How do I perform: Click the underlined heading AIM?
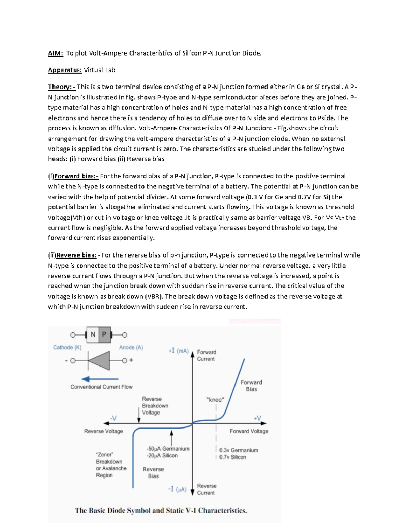tap(56, 53)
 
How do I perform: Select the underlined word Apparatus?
tap(65, 70)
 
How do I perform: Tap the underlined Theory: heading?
tap(62, 87)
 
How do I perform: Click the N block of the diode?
tap(93, 335)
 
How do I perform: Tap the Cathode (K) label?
tap(67, 347)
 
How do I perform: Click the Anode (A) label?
tap(131, 347)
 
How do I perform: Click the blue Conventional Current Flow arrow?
tap(100, 379)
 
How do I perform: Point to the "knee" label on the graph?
tap(215, 400)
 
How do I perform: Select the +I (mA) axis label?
tap(179, 351)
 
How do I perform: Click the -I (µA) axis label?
tap(177, 489)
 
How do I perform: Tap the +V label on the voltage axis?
tap(258, 418)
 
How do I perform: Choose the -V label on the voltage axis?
tap(113, 418)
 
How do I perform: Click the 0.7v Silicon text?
tap(232, 457)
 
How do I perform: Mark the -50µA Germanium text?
tap(168, 449)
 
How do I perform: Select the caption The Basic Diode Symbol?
tap(161, 511)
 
